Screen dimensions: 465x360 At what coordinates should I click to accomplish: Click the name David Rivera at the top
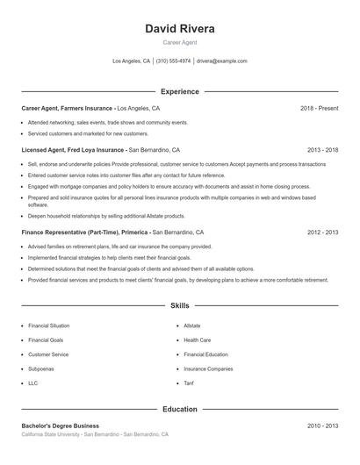(x=179, y=28)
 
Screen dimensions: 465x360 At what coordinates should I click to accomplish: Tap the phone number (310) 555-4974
(x=174, y=61)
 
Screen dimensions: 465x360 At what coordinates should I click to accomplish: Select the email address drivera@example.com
(x=222, y=61)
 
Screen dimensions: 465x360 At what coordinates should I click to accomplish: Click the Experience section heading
(x=179, y=91)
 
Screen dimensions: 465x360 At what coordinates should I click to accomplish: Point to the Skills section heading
(x=179, y=306)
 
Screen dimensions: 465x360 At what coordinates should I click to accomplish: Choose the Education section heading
(x=179, y=409)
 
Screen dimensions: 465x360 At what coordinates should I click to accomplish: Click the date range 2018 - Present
(x=319, y=108)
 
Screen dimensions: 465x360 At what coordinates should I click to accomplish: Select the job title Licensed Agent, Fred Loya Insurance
(x=73, y=150)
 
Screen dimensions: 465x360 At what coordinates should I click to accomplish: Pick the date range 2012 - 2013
(x=322, y=232)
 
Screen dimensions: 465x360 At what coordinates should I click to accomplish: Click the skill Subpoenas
(x=41, y=368)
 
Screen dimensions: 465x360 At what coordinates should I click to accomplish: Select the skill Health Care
(x=197, y=340)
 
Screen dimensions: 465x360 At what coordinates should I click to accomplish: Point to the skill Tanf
(x=189, y=383)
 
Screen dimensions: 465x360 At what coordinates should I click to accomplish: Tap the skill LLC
(x=33, y=383)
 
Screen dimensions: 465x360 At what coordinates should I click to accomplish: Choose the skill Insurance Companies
(x=208, y=368)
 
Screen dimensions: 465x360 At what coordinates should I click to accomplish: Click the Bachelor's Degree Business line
(x=61, y=426)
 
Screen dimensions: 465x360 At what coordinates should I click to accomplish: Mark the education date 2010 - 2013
(x=322, y=426)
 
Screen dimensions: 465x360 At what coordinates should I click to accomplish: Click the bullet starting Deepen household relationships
(x=106, y=215)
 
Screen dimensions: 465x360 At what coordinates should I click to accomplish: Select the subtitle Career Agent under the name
(x=179, y=43)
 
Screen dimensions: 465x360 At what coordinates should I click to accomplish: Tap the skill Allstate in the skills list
(x=192, y=325)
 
